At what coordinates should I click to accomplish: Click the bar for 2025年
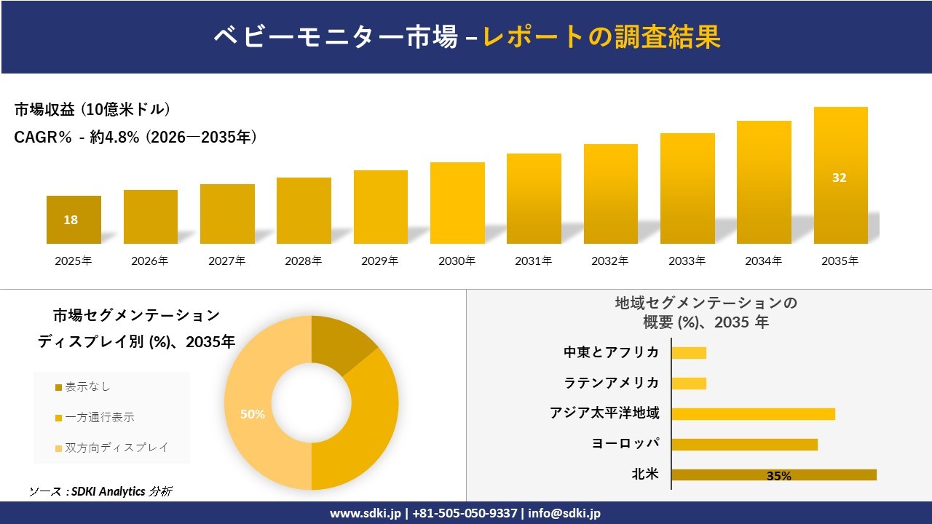[x=74, y=220]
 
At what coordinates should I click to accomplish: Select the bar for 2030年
[x=457, y=203]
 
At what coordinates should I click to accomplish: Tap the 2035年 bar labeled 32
[x=840, y=175]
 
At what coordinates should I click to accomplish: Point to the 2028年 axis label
[x=303, y=261]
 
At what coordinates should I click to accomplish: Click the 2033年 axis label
[x=687, y=261]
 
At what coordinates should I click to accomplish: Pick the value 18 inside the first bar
[x=71, y=220]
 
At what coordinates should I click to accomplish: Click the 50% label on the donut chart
[x=252, y=414]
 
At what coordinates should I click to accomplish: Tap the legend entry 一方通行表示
[x=100, y=417]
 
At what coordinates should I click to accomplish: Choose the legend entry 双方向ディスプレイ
[x=116, y=448]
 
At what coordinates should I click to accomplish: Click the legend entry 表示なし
[x=87, y=386]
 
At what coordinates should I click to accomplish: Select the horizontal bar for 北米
[x=773, y=475]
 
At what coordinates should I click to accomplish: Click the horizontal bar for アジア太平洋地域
[x=753, y=414]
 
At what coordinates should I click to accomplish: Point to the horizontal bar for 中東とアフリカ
[x=689, y=353]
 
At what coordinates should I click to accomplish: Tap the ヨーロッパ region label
[x=625, y=444]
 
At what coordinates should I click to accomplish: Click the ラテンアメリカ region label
[x=612, y=383]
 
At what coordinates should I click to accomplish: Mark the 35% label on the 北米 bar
[x=778, y=476]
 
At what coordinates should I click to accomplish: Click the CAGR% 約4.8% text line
[x=135, y=137]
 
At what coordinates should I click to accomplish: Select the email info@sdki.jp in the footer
[x=564, y=513]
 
